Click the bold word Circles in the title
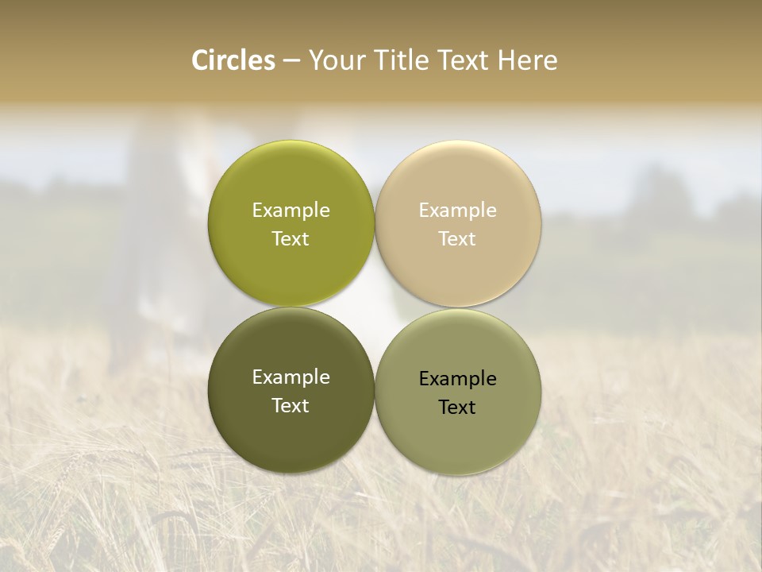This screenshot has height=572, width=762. click(233, 60)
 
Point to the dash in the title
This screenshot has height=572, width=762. click(291, 61)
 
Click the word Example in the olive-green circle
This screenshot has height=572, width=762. click(291, 211)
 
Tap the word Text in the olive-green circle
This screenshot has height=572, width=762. click(291, 239)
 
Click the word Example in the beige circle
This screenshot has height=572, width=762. click(458, 211)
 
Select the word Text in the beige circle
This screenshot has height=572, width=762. click(458, 239)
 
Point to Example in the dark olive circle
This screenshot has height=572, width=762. click(291, 377)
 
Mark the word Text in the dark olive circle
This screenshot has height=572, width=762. click(291, 406)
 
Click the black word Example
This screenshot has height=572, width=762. click(458, 379)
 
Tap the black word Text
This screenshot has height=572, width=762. click(457, 408)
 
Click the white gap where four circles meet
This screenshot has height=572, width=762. click(375, 307)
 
